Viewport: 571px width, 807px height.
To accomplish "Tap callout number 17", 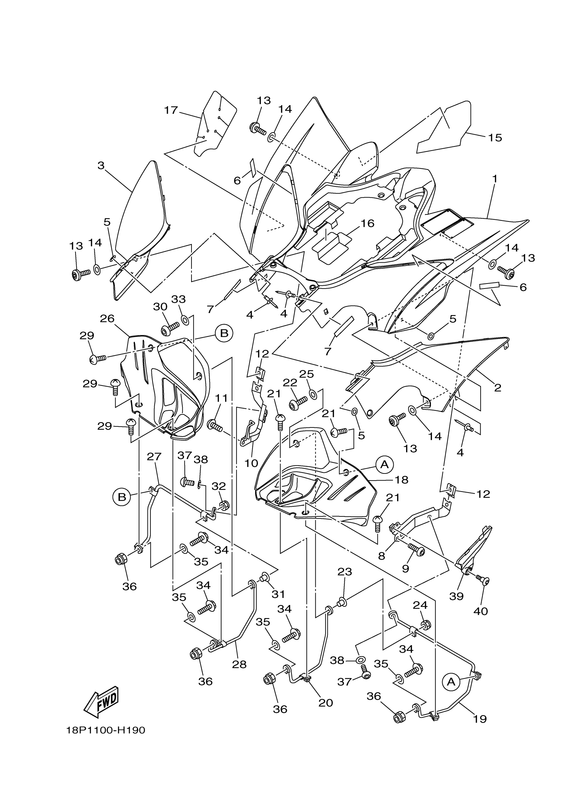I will coord(171,110).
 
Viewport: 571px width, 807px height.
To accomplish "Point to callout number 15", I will coord(495,138).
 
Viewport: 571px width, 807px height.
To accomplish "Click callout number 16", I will coord(367,223).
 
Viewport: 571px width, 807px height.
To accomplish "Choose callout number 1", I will coord(495,179).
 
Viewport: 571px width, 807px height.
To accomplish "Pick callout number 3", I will coord(101,165).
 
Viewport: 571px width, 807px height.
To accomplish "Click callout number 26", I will coord(107,318).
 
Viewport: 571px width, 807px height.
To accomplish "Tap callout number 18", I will coord(401,480).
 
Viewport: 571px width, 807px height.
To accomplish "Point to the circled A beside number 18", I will coord(385,465).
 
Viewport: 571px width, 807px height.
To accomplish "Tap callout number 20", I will coord(325,703).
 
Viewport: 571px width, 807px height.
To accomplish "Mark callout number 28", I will coord(239,664).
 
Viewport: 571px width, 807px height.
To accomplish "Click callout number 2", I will coord(497,388).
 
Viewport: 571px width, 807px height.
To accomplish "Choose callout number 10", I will coord(251,463).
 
